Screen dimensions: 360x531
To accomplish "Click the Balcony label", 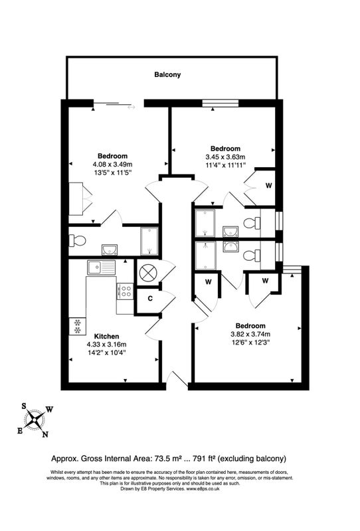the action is [x=167, y=74].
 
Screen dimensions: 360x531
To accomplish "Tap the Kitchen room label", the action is [x=106, y=337].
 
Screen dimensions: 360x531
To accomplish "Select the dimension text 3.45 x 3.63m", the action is [x=225, y=157].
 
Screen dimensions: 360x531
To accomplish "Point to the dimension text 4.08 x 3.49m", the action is [x=112, y=164].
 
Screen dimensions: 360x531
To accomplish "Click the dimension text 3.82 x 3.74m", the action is [x=250, y=334].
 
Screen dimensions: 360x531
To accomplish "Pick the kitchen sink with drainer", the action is [x=101, y=267].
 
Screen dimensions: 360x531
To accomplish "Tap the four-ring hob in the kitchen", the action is [x=126, y=291].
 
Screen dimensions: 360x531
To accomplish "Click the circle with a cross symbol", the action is [x=149, y=273].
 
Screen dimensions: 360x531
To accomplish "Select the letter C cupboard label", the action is [x=150, y=299].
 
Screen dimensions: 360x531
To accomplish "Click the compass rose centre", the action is [x=35, y=420].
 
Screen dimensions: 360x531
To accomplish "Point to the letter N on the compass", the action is [x=45, y=435].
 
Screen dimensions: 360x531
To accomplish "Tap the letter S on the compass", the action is [x=24, y=406].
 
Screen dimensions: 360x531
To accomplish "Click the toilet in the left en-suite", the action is [x=78, y=241].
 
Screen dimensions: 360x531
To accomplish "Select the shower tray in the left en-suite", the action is [x=149, y=241].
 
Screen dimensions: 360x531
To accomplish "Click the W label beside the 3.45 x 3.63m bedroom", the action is [x=268, y=186].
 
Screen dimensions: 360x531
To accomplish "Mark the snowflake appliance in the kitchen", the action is [x=78, y=326].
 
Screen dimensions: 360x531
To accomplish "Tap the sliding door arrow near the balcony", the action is [x=132, y=108].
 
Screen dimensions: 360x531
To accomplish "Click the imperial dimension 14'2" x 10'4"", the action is [x=106, y=352].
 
